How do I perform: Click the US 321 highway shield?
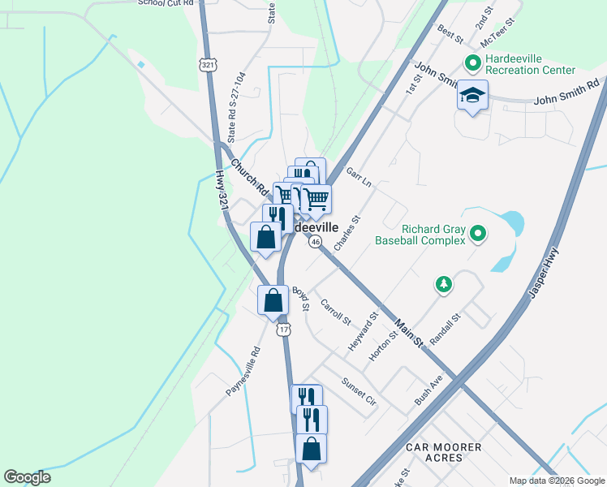point(209,64)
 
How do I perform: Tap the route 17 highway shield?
point(282,330)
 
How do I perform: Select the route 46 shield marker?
point(315,243)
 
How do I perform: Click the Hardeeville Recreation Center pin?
point(473,62)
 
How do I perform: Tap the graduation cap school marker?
point(472,96)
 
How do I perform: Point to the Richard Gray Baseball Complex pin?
point(478,235)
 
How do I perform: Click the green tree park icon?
point(443,284)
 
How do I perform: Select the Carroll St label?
point(334,312)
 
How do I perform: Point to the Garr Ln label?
point(358,178)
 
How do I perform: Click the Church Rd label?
point(250,178)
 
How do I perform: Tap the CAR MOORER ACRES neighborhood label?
point(443,453)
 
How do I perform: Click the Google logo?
point(27,477)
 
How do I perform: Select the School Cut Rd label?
point(167,3)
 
